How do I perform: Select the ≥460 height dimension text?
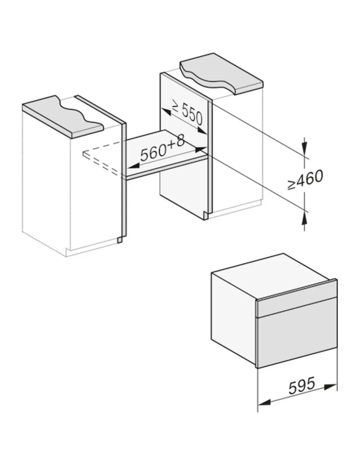coord(305,179)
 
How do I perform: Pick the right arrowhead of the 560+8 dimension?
coord(200,149)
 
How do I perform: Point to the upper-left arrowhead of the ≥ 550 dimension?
coord(166,112)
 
